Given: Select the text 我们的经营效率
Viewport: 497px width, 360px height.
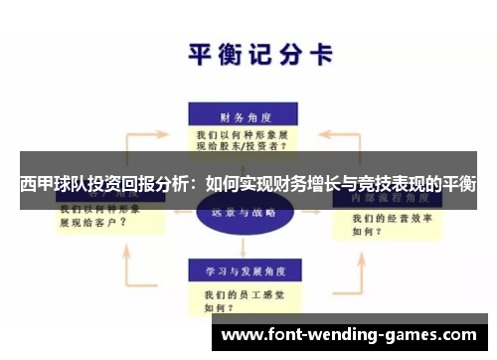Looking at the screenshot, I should [387, 218].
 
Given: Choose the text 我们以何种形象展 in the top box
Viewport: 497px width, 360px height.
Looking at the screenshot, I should [243, 132].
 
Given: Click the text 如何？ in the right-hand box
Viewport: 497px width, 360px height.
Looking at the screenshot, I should [367, 231].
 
